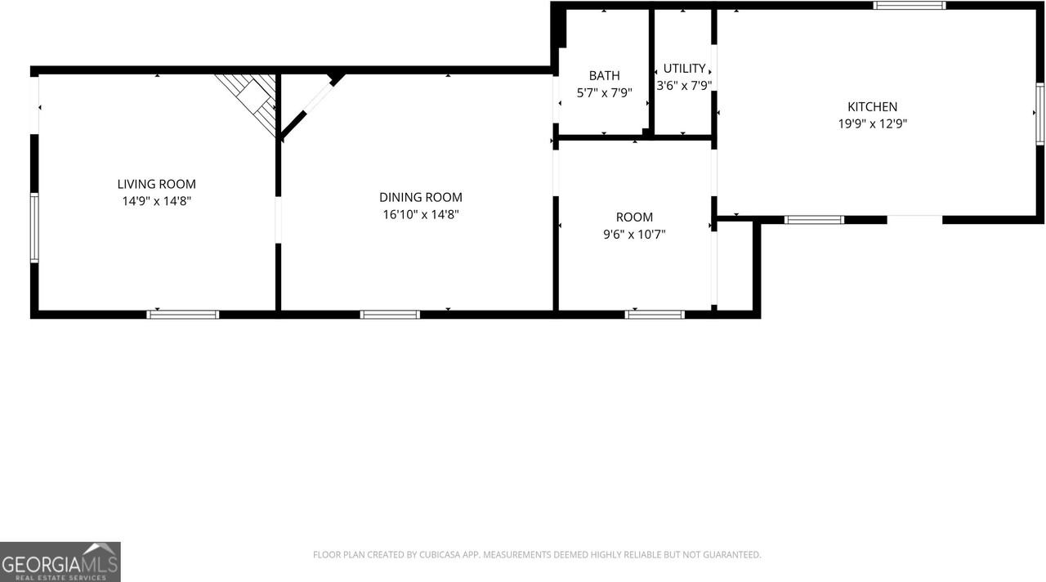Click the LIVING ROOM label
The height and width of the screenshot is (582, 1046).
point(156,184)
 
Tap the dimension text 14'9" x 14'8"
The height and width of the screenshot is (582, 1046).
point(156,200)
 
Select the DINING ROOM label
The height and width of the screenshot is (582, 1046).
point(420,197)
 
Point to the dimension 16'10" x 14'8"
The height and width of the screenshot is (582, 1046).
point(420,214)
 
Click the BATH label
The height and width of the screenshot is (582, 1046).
point(604,76)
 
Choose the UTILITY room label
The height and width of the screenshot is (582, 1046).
point(684,68)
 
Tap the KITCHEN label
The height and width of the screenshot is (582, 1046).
point(872,106)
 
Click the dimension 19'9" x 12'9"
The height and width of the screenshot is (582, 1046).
point(872,123)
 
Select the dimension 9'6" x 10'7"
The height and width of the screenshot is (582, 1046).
point(634,234)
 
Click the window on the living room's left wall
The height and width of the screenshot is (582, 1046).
point(34,227)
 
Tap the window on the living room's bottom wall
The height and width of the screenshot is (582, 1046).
point(183,314)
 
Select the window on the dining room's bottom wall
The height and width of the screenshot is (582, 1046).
point(390,314)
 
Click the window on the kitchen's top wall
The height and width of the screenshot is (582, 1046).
point(909,6)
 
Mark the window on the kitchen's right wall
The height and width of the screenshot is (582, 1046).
point(1040,114)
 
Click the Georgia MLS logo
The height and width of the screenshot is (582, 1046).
point(60,562)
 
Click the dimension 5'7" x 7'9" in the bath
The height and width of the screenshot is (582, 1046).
point(604,93)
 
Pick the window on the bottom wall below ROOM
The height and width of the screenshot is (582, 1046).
point(655,314)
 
